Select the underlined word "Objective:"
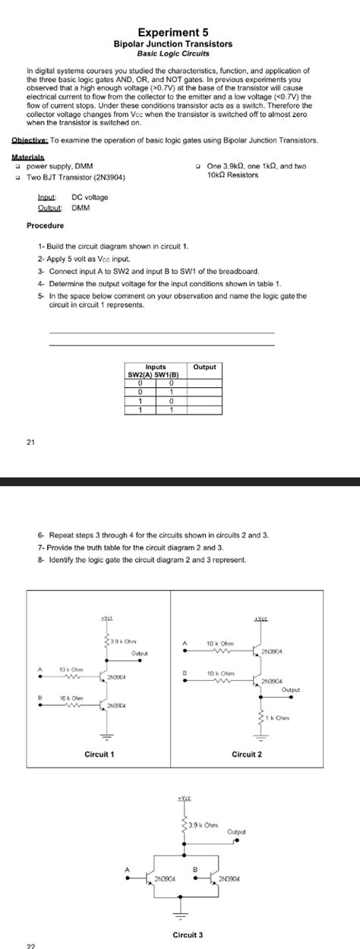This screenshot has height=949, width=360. click(30, 140)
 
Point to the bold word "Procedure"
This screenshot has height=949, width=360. click(46, 225)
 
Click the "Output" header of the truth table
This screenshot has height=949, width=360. click(205, 367)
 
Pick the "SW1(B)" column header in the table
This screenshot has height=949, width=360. click(172, 375)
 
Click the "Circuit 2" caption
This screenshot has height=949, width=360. click(247, 753)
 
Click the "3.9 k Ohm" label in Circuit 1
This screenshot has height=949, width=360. click(122, 642)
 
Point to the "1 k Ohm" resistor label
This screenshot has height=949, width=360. click(279, 717)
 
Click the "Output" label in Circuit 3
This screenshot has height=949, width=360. click(236, 832)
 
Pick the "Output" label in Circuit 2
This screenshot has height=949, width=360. click(290, 690)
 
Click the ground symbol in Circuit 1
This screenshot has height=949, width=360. click(107, 733)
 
